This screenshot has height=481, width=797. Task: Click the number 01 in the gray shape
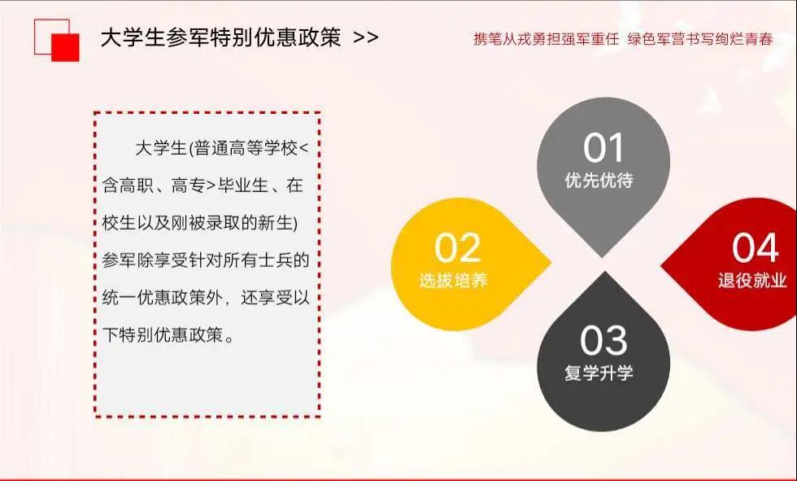(603, 148)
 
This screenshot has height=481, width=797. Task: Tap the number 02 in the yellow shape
(457, 248)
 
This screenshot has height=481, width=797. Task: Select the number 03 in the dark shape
(603, 340)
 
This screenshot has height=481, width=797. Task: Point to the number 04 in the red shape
(755, 248)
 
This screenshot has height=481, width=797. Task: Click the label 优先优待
(599, 180)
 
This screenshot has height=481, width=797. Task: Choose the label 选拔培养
(454, 280)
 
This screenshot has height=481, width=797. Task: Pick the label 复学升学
(599, 373)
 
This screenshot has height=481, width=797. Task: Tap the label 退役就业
(752, 280)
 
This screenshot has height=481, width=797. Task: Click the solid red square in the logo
(66, 48)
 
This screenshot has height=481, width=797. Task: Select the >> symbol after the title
(365, 37)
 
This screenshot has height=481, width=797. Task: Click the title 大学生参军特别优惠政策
(220, 37)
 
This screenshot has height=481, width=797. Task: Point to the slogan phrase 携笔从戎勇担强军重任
(547, 39)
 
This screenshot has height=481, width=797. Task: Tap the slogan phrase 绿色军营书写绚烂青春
(700, 39)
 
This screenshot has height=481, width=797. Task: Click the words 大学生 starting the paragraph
(161, 148)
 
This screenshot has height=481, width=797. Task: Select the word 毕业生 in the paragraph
(243, 186)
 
